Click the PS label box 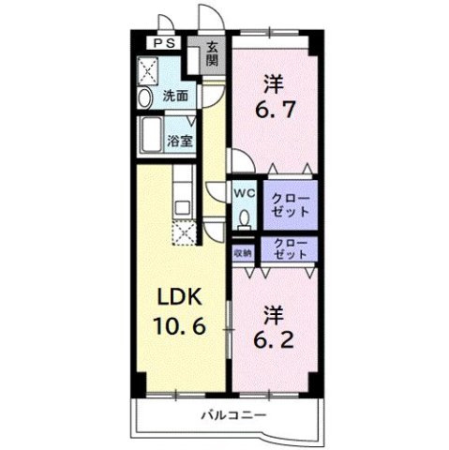(164, 43)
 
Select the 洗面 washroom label (175, 96)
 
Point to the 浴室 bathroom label (179, 142)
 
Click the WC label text (245, 193)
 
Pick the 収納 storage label (243, 253)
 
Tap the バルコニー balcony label (233, 415)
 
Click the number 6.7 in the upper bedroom (276, 110)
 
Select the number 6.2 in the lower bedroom (274, 339)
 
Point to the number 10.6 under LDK (179, 325)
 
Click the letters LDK (179, 297)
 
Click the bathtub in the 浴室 (151, 135)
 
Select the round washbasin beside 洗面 (144, 97)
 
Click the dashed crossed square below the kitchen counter (184, 232)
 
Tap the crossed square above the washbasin (148, 71)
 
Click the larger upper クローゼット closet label (291, 205)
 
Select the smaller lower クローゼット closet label (291, 248)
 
